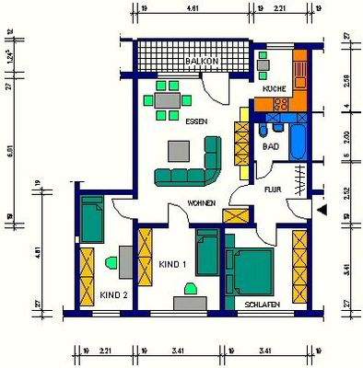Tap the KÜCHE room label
click(x=274, y=88)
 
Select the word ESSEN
click(x=195, y=121)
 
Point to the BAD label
click(x=271, y=145)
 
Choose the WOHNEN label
click(x=202, y=201)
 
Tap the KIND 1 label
click(x=172, y=264)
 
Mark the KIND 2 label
click(x=113, y=295)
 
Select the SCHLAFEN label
click(x=263, y=303)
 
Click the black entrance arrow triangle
click(x=322, y=211)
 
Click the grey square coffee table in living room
click(x=177, y=150)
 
